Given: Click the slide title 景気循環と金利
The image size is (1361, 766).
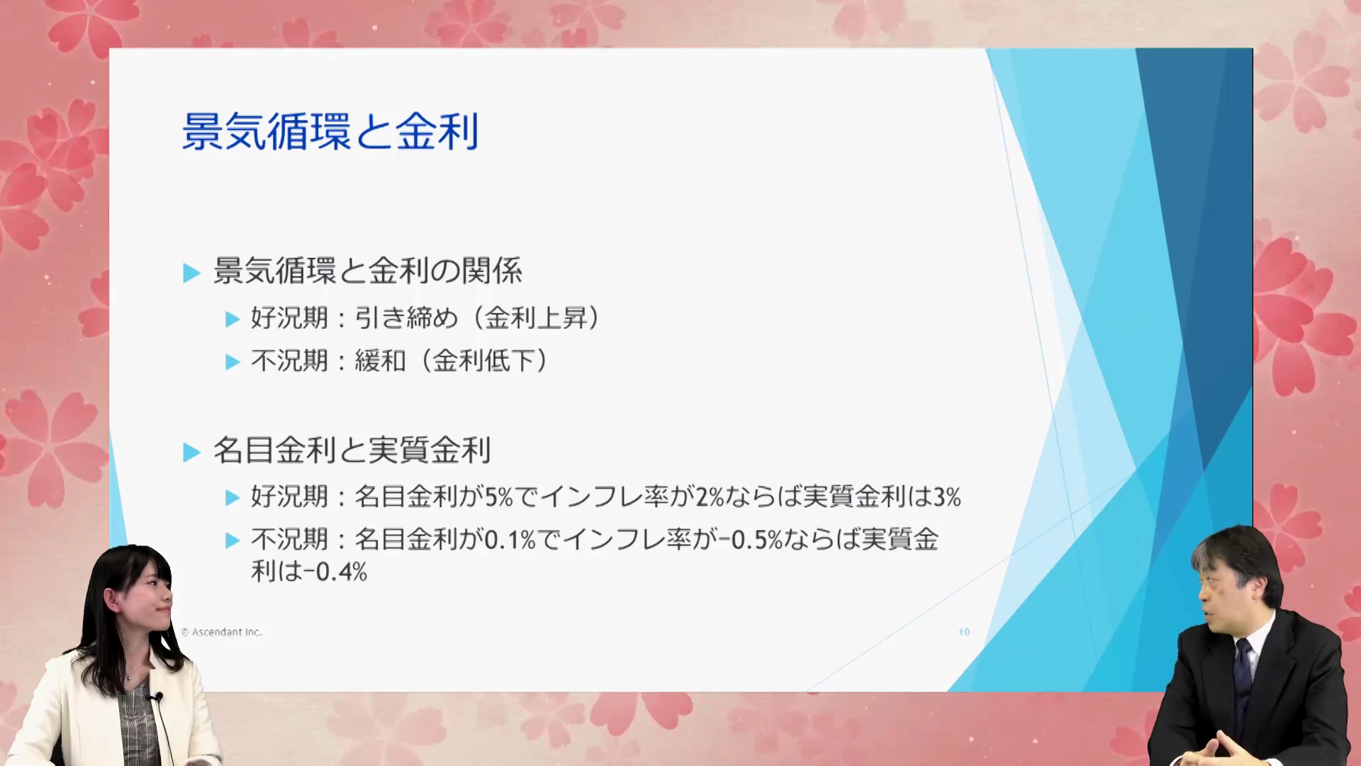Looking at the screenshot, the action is (x=330, y=132).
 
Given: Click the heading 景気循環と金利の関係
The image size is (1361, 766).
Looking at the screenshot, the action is (x=368, y=271).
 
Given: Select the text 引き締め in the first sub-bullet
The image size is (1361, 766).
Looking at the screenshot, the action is (x=406, y=318).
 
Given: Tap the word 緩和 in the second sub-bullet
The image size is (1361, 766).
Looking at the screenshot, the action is (x=380, y=361).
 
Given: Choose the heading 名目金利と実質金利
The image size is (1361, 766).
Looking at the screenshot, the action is (x=352, y=450).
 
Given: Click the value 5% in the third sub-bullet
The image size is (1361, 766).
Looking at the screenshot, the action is (x=498, y=497).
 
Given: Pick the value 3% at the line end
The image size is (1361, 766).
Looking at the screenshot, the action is (x=947, y=497).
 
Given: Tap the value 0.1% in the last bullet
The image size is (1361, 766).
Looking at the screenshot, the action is (x=510, y=540).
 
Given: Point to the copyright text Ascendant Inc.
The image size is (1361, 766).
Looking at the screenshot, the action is (x=227, y=632).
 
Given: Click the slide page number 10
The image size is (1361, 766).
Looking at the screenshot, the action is (x=964, y=632).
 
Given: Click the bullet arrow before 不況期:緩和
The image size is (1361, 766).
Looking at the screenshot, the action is (x=233, y=362).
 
